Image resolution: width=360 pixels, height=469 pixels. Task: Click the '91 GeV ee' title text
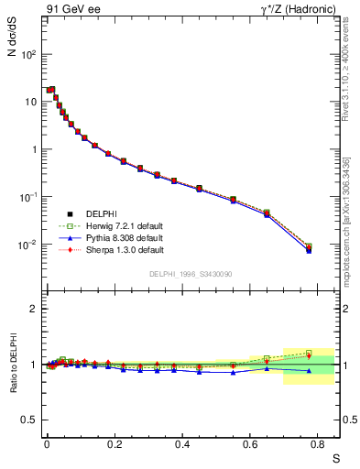(x=73, y=10)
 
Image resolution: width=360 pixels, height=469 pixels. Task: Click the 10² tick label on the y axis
(x=28, y=54)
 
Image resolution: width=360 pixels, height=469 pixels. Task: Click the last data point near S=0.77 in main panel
(x=309, y=247)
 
